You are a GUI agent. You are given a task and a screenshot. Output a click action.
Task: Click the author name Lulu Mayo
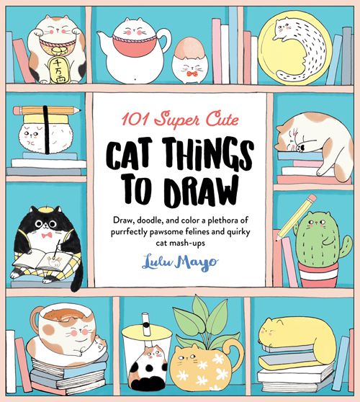coord(180,262)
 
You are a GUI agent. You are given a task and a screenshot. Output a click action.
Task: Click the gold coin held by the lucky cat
coord(58,70)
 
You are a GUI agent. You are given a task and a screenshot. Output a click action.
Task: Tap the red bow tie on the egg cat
coord(192,74)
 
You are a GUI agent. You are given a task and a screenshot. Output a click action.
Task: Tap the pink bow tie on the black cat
coord(47,235)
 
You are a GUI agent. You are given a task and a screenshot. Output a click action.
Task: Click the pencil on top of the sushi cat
coord(47,111)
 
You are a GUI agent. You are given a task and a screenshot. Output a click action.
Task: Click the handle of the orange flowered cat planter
coord(235,354)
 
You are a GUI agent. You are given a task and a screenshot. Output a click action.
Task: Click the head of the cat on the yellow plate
coord(284,27)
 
